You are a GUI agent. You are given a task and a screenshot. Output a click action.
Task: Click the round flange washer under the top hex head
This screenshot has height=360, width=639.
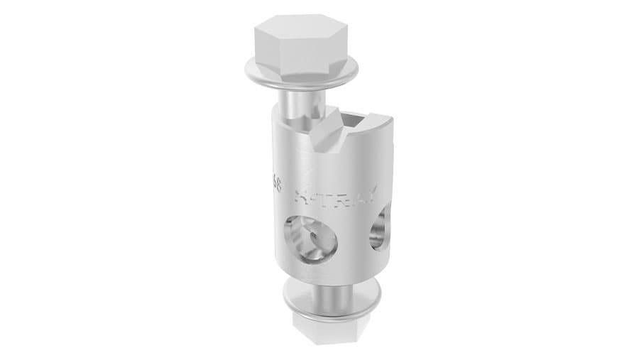pos(302,77)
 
